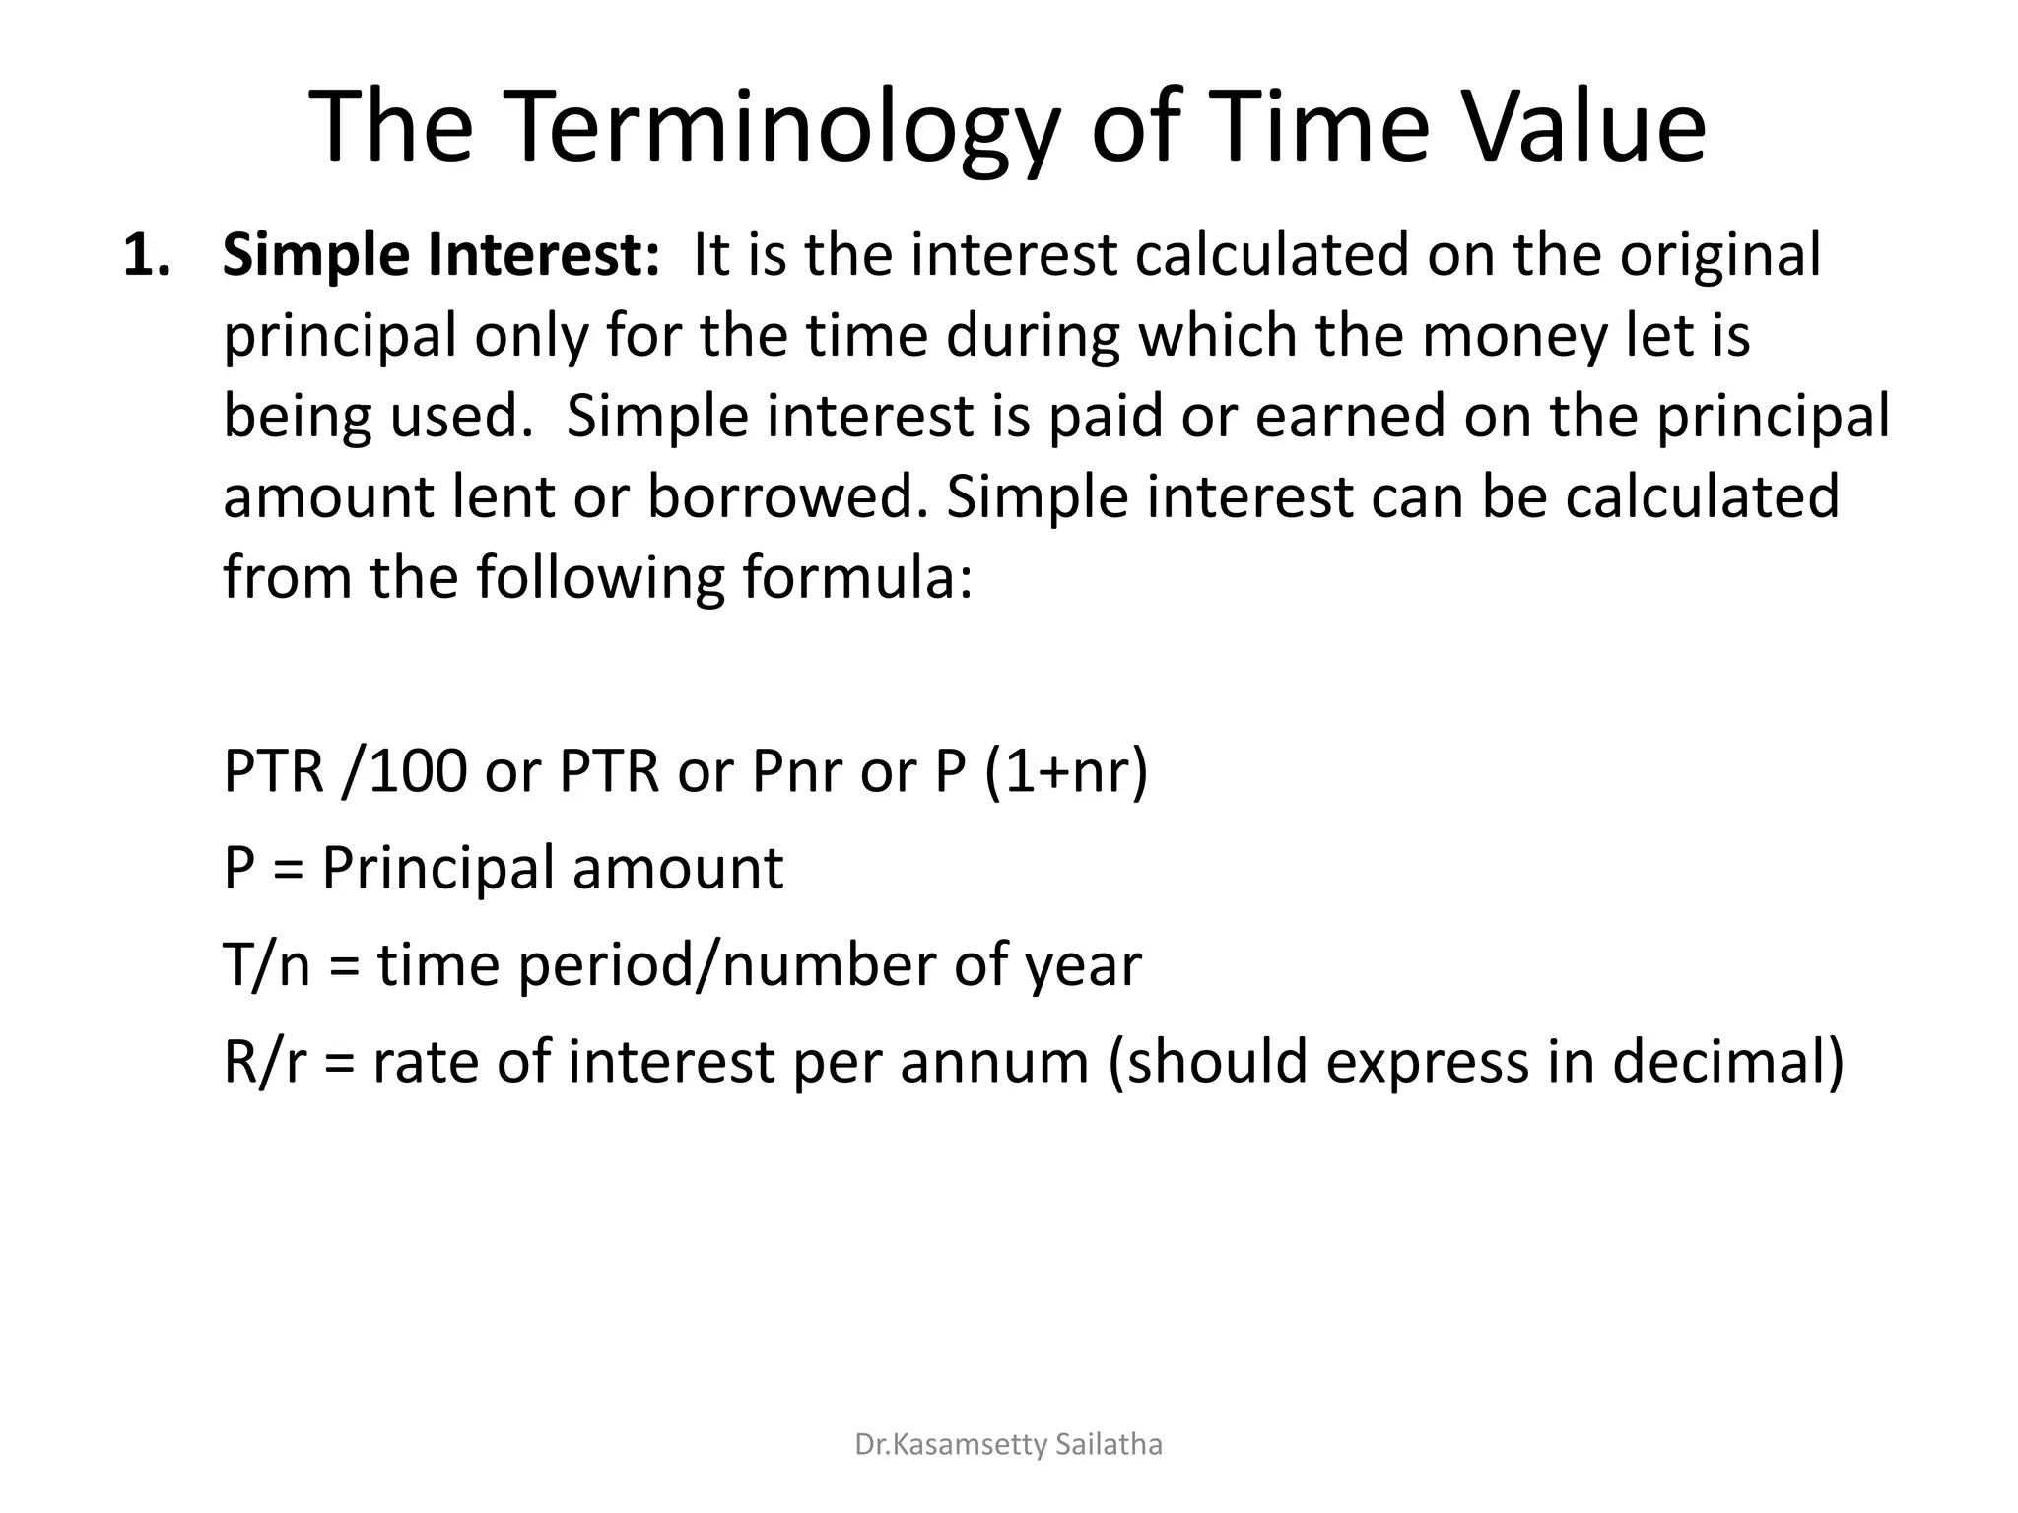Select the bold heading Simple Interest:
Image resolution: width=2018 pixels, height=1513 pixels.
440,255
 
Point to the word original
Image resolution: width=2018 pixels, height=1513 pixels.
1720,256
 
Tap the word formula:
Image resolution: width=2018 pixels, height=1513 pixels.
857,577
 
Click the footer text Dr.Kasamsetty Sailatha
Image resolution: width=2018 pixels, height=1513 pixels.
1008,1444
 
